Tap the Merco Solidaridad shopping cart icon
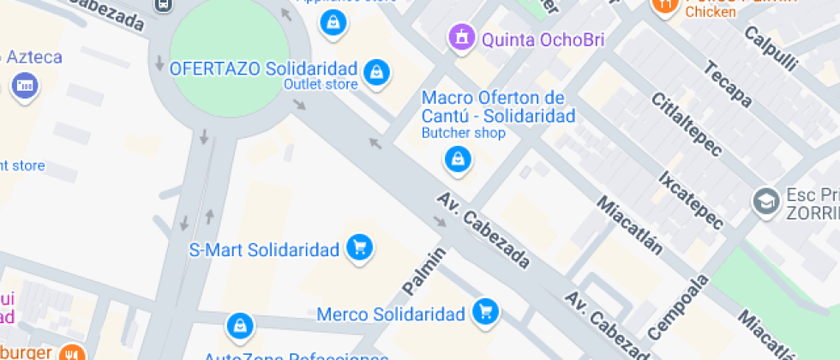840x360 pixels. coord(485,312)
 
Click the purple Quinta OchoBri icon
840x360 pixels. coord(462,37)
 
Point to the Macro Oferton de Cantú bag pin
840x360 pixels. coord(458,159)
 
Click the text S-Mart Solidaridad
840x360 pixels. coord(264,250)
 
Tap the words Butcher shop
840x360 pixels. coord(463,133)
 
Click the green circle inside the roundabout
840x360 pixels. coord(229,56)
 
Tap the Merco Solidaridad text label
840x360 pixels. coord(390,314)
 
